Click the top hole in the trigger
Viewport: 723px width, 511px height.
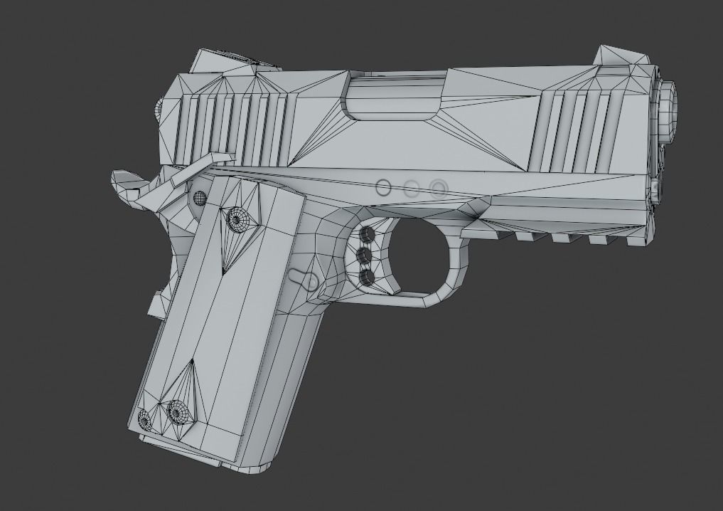click(368, 234)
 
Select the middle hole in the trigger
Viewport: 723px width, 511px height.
click(367, 255)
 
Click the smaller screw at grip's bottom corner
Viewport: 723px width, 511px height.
click(146, 419)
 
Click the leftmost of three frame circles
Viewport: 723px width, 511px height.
click(383, 188)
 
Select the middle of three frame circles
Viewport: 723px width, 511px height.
click(411, 189)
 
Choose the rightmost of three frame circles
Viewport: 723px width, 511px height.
click(438, 188)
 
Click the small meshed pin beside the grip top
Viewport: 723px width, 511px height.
click(200, 198)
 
